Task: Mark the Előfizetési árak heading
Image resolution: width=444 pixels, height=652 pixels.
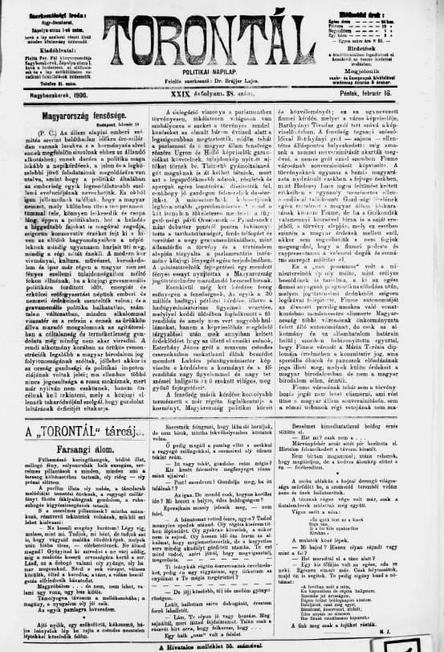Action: click(391, 6)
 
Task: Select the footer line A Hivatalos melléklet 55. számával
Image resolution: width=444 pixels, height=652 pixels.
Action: click(222, 647)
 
